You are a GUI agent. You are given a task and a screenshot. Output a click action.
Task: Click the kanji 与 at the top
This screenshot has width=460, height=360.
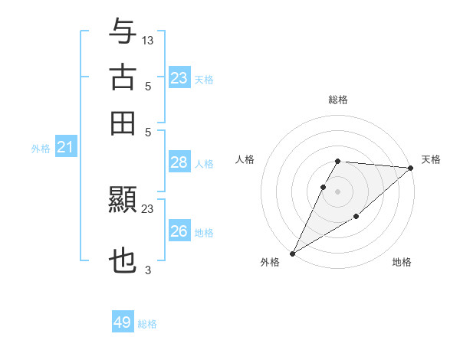click(123, 32)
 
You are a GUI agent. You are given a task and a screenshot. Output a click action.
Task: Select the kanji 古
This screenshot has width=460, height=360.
click(123, 77)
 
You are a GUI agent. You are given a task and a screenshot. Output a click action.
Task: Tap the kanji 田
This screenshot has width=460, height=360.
click(123, 123)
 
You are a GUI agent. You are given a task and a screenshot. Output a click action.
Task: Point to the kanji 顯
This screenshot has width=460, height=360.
click(123, 201)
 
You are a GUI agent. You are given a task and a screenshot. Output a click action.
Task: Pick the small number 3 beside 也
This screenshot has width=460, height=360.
click(148, 270)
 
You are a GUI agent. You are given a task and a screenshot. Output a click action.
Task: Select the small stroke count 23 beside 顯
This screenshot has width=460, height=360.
click(148, 208)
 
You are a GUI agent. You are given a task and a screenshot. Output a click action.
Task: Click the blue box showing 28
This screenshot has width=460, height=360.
click(179, 162)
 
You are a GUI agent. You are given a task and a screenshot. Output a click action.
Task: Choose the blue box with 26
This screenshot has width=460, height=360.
click(179, 231)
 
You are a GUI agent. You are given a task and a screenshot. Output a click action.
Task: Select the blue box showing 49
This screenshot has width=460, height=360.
click(122, 322)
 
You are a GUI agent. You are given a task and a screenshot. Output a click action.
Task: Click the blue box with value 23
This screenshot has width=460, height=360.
click(179, 78)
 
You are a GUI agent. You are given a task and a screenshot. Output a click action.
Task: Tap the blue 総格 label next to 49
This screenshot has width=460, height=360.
click(147, 324)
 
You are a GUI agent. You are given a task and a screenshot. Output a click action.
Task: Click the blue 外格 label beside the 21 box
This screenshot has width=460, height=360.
click(40, 149)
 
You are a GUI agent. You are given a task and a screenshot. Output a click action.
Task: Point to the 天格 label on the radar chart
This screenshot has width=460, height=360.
click(431, 159)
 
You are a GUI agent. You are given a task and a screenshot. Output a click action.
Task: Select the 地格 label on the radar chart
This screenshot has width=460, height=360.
click(402, 262)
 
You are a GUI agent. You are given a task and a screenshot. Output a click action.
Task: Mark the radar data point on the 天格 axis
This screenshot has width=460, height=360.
click(411, 168)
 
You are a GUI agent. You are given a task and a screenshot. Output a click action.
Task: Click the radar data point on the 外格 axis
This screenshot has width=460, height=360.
click(292, 253)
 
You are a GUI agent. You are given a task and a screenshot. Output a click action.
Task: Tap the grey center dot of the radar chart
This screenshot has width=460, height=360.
click(337, 191)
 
